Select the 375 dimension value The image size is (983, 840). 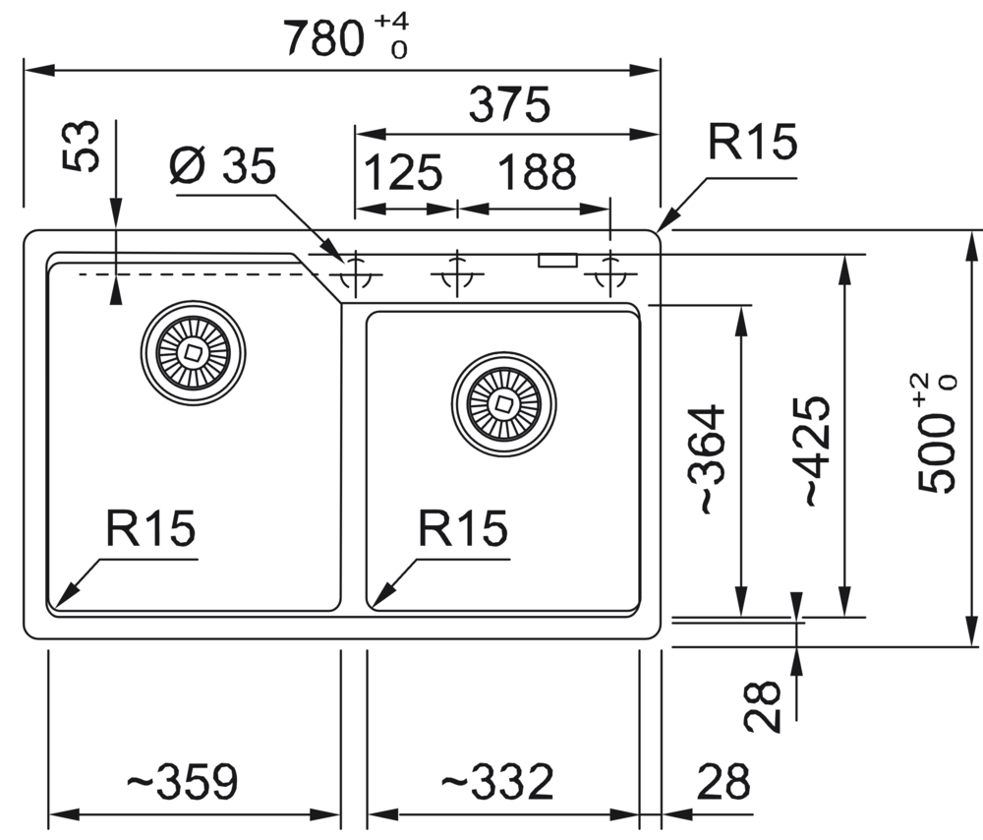tap(508, 104)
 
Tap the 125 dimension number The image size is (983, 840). tap(404, 174)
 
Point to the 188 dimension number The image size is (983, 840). tap(536, 174)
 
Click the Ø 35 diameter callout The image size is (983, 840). tap(222, 166)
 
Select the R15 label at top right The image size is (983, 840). tap(752, 144)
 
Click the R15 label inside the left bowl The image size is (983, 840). tap(151, 530)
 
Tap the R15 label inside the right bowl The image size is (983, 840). tap(462, 530)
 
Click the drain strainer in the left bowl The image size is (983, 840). tap(194, 351)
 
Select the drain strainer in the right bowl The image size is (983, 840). tap(503, 403)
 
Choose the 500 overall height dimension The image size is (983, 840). tap(936, 433)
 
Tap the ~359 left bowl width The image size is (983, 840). tap(183, 783)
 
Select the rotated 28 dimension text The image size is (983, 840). tap(762, 707)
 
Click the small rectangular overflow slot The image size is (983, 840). tap(557, 261)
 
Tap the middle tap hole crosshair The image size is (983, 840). tap(455, 271)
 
